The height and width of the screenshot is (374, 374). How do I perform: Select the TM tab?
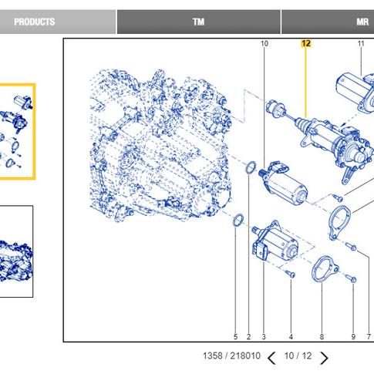tap(199, 22)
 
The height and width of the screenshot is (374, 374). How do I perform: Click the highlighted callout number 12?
tap(306, 43)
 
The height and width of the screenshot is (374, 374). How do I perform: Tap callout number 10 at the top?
tap(264, 44)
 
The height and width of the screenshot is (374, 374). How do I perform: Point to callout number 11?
tap(361, 44)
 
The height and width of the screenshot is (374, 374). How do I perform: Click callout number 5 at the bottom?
tap(235, 336)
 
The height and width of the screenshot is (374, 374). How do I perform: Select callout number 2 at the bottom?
tap(248, 336)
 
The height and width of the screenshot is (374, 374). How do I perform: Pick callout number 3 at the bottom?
tap(264, 336)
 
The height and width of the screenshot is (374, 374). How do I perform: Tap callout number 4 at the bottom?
tap(291, 336)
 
